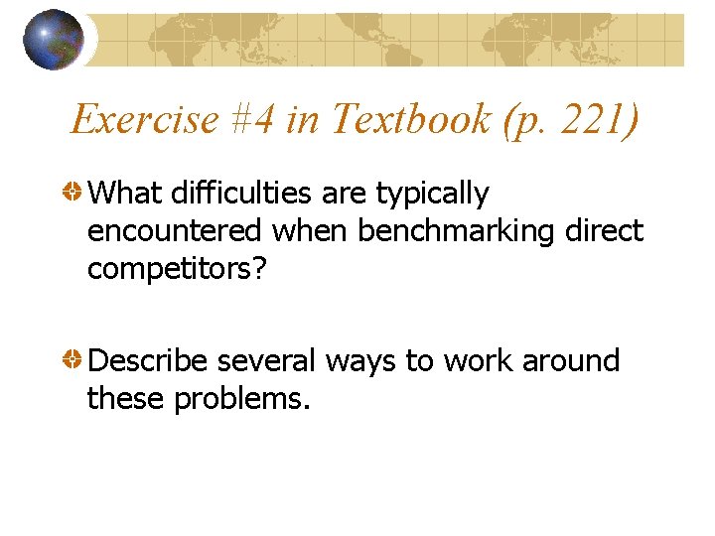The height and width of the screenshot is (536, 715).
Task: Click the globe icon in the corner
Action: pos(53,39)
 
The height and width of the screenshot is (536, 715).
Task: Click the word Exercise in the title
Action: pos(144,120)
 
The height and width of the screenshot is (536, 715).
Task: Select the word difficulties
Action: pos(232,194)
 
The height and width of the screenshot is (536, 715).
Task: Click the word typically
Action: pos(432,196)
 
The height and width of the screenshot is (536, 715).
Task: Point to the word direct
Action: pos(603,231)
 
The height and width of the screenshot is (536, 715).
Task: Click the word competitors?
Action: pos(177,270)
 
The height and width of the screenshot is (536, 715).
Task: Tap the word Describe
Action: pos(149,360)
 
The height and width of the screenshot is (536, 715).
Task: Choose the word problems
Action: pos(242,399)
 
